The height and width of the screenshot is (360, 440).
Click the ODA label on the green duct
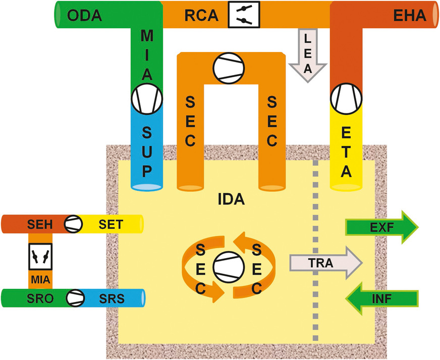coord(85,15)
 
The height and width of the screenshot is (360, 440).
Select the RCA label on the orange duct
coord(202,16)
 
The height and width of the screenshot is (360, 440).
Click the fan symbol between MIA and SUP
coord(147,98)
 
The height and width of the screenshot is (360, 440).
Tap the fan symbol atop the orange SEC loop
coord(228,69)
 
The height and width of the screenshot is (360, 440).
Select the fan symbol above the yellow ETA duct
coord(347,99)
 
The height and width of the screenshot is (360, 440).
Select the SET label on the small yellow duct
coord(111,223)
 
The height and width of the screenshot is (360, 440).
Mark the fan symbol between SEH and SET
coord(73,223)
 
